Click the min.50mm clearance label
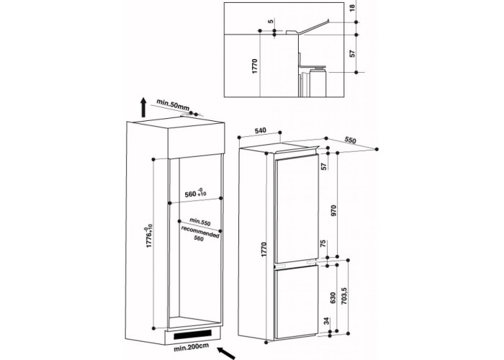(x=173, y=105)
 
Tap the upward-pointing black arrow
(x=143, y=108)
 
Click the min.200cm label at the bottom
(x=191, y=347)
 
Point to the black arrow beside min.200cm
(x=226, y=353)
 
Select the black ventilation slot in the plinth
(x=193, y=335)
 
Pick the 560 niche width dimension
(x=196, y=194)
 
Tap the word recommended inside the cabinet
(x=200, y=231)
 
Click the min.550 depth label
(x=199, y=222)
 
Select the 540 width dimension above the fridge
(x=261, y=130)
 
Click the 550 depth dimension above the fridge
(x=351, y=140)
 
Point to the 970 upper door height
(x=333, y=210)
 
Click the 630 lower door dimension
(x=333, y=297)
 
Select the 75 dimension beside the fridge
(x=324, y=243)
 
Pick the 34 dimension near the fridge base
(x=327, y=321)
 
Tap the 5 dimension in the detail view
(x=271, y=21)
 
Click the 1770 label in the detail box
(x=255, y=66)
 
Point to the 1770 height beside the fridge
(x=264, y=249)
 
